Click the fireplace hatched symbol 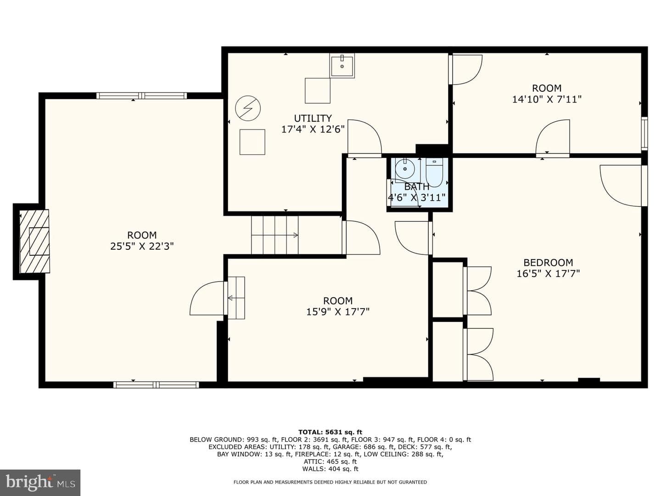pyautogui.click(x=34, y=241)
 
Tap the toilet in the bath pyautogui.click(x=434, y=173)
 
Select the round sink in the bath pyautogui.click(x=405, y=169)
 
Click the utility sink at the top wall pyautogui.click(x=342, y=65)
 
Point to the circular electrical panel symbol pyautogui.click(x=248, y=108)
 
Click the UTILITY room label pyautogui.click(x=313, y=118)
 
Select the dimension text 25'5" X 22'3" pyautogui.click(x=142, y=247)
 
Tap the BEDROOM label pyautogui.click(x=548, y=263)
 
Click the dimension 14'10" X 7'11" pyautogui.click(x=547, y=99)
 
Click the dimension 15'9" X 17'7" pyautogui.click(x=337, y=312)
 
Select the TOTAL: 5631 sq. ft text pyautogui.click(x=330, y=432)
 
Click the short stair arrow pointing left pyautogui.click(x=236, y=298)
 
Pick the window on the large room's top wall pyautogui.click(x=141, y=96)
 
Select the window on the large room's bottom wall pyautogui.click(x=156, y=384)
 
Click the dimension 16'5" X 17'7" pyautogui.click(x=548, y=274)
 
